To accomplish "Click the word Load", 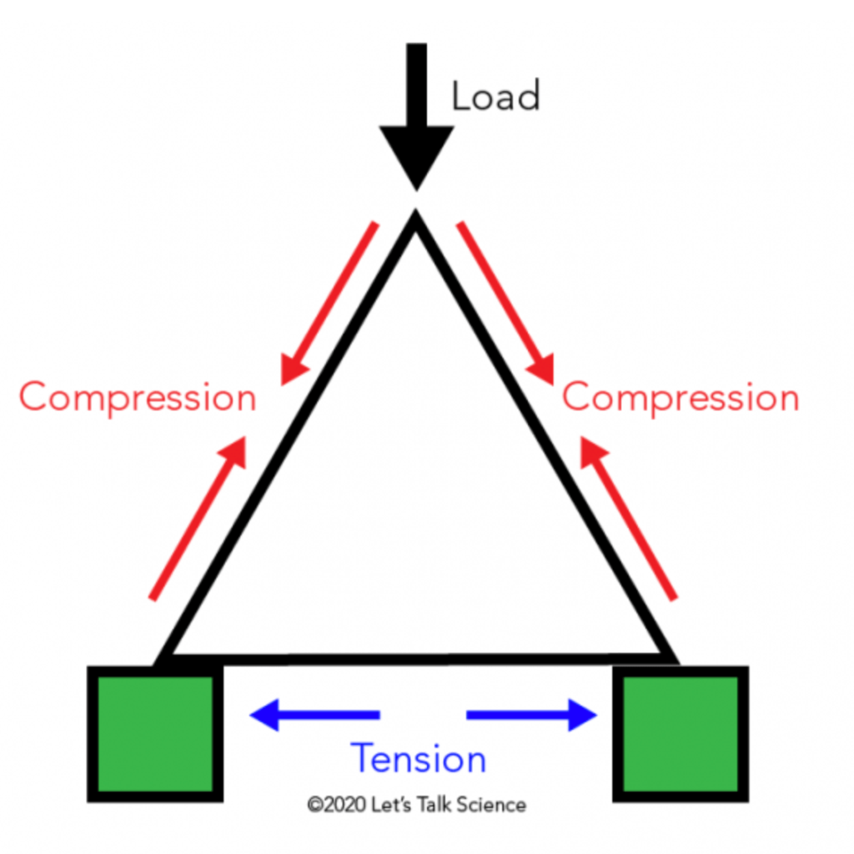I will (x=495, y=97).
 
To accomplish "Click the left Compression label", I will (x=138, y=398).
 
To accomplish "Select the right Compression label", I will (x=681, y=398).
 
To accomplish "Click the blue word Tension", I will (x=419, y=759).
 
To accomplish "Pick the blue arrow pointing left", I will (x=314, y=715).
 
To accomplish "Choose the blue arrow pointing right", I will (x=532, y=715).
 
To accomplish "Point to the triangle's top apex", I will (x=415, y=220).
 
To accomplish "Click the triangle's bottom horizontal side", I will (x=417, y=659).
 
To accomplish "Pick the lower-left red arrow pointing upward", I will (x=199, y=517).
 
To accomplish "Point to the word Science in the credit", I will (x=496, y=805).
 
